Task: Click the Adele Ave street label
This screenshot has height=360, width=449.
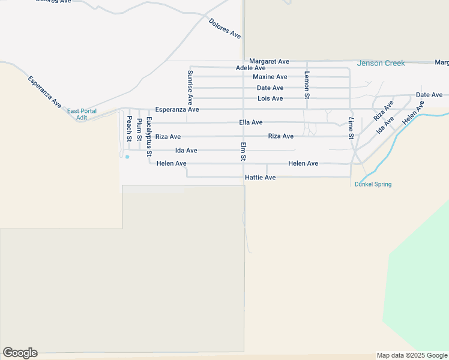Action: (x=251, y=68)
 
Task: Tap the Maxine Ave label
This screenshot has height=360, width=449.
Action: (x=270, y=77)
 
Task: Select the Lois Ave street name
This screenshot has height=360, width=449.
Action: (x=270, y=98)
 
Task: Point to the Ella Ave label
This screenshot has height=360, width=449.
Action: (x=250, y=122)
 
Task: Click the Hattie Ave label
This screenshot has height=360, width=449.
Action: (x=260, y=178)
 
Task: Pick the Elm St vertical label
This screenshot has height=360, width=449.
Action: (x=243, y=152)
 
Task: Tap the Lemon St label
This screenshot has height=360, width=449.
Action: (x=307, y=85)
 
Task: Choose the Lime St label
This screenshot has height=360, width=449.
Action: (x=351, y=128)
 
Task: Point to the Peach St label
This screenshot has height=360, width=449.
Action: (x=129, y=128)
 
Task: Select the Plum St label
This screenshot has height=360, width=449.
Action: (x=139, y=130)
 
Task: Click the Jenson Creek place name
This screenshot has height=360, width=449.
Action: (x=381, y=63)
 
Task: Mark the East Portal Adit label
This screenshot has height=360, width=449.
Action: (x=81, y=114)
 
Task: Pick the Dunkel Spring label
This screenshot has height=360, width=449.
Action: (x=373, y=184)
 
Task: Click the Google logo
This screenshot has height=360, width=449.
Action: (x=20, y=353)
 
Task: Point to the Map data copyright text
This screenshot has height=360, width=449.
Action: (x=412, y=355)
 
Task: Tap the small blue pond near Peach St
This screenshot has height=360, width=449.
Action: (x=127, y=157)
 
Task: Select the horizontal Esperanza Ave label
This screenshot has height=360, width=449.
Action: (x=176, y=110)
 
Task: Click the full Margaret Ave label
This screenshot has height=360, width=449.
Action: (x=269, y=61)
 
